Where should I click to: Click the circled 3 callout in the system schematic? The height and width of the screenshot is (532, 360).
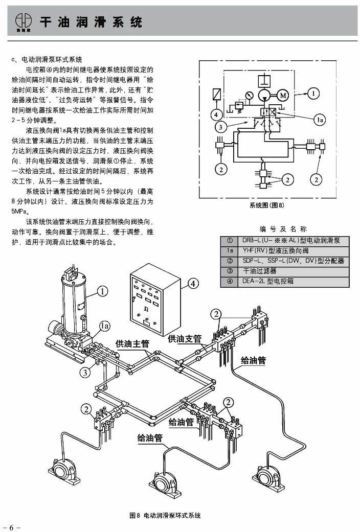[x=219, y=126]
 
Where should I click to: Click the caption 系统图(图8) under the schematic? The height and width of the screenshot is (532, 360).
[x=266, y=205]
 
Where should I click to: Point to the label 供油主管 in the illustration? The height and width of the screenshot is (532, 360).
[x=132, y=343]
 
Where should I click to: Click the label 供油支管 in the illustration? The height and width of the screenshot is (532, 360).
[x=185, y=338]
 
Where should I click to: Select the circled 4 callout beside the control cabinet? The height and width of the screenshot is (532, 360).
[x=193, y=283]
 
